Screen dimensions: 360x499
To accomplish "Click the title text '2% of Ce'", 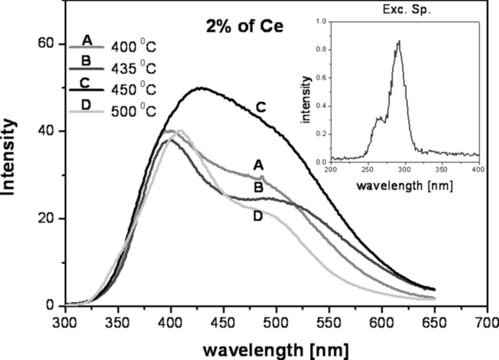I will [x=244, y=27].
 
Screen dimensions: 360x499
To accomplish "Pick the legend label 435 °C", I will [x=134, y=69].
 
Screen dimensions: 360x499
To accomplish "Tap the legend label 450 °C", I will [x=134, y=90].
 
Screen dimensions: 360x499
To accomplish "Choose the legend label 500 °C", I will [x=134, y=111].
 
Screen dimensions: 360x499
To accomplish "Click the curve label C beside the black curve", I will [x=260, y=107].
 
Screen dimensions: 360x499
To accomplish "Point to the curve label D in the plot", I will [x=258, y=216].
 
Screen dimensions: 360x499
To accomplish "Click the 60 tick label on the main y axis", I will [x=46, y=44].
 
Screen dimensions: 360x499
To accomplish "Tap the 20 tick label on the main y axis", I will [x=46, y=219].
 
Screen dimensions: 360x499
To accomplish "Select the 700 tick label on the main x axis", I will [x=487, y=323].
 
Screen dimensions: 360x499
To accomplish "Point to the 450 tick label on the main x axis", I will [x=223, y=323].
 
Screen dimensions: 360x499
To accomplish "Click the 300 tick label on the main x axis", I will [x=65, y=323].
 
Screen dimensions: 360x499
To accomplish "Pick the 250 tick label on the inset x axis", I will [x=368, y=169].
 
